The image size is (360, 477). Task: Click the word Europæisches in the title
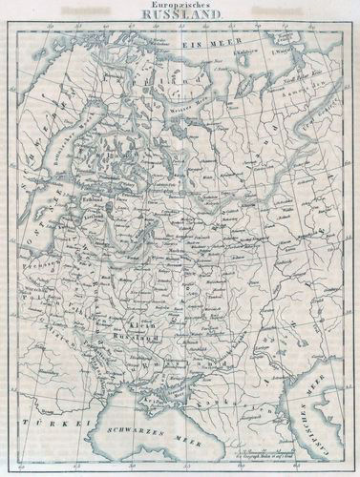180,6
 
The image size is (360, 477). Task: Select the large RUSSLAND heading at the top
180,16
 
